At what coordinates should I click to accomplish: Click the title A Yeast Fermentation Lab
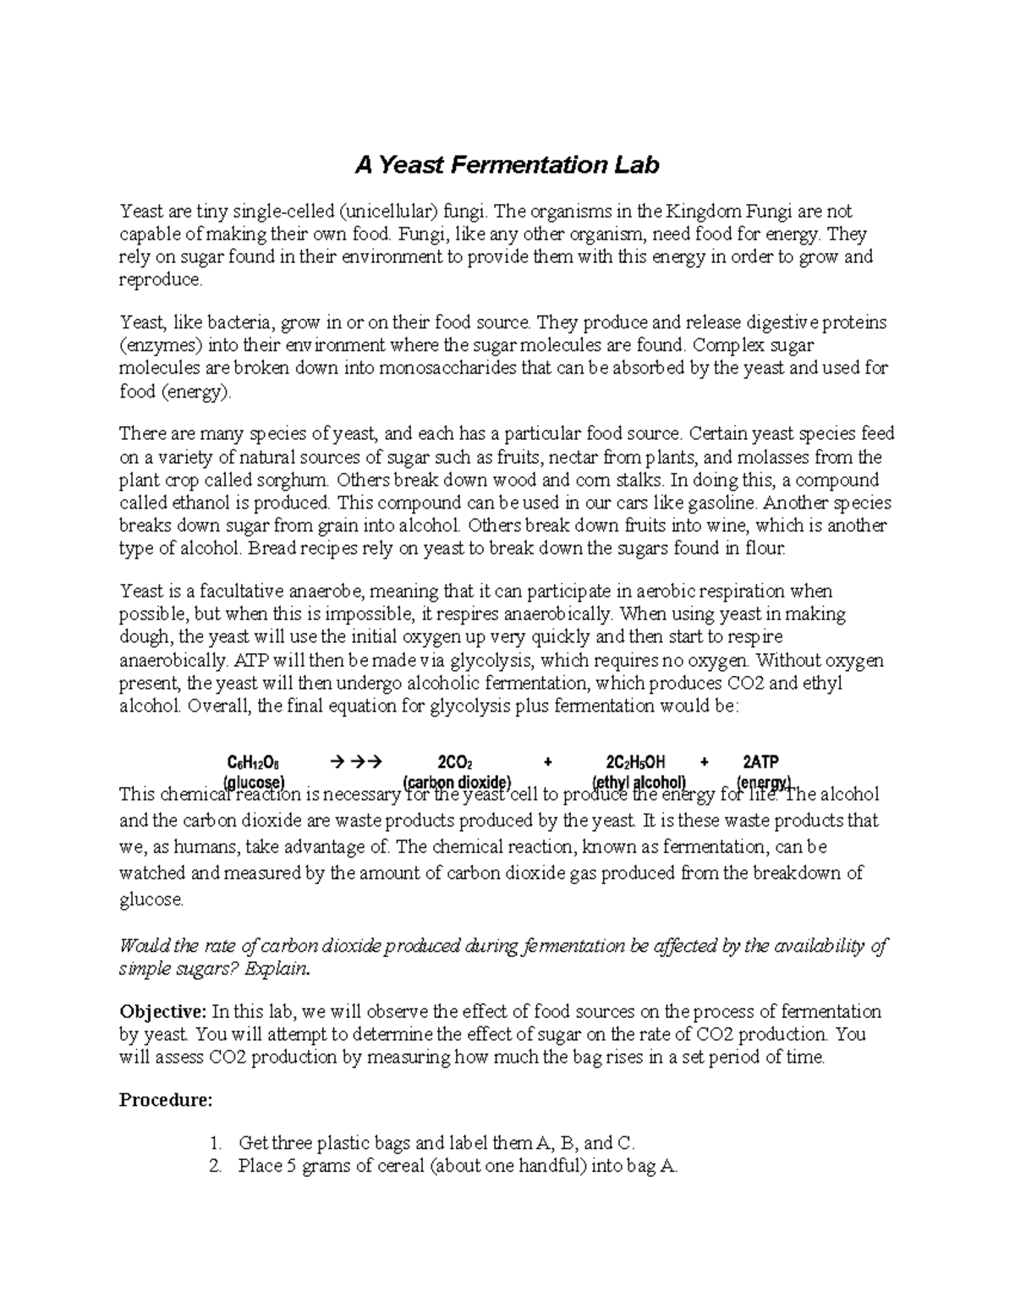pyautogui.click(x=506, y=165)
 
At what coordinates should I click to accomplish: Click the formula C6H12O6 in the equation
pyautogui.click(x=254, y=761)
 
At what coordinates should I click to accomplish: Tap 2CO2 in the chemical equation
pyautogui.click(x=455, y=761)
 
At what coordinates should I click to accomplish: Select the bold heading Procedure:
pyautogui.click(x=166, y=1100)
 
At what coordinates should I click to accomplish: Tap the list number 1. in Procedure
pyautogui.click(x=215, y=1144)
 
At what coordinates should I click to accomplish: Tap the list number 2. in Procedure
pyautogui.click(x=215, y=1167)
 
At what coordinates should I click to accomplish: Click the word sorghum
pyautogui.click(x=296, y=481)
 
